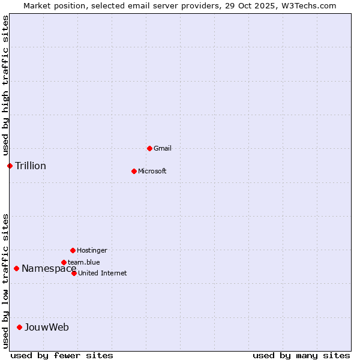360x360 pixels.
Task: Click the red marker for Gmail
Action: pos(149,148)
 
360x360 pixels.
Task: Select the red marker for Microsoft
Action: pos(134,171)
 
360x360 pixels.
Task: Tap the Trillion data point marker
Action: pos(10,166)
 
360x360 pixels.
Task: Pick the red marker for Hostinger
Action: pos(73,250)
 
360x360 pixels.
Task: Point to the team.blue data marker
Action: pos(64,262)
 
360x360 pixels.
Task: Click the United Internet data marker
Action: pos(74,273)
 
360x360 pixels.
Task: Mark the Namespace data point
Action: pos(16,268)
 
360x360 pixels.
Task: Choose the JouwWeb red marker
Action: pos(19,327)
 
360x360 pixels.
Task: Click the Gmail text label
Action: pos(163,148)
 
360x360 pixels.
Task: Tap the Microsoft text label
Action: pos(152,171)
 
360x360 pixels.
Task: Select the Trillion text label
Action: pos(31,166)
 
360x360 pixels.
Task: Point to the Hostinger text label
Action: pos(92,250)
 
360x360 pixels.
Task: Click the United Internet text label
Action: pos(102,273)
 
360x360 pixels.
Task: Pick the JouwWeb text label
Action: pos(47,327)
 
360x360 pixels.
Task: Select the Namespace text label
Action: pos(49,268)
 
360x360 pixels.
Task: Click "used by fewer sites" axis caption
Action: pos(62,355)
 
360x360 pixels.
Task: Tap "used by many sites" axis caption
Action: pos(301,355)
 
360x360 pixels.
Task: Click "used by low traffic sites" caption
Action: pos(6,280)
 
